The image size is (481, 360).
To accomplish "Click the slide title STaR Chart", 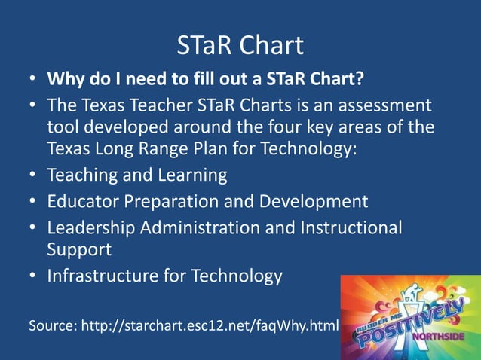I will point(240,46).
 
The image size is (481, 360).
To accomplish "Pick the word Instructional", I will point(354,227).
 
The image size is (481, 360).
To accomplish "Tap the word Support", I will point(79,249).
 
